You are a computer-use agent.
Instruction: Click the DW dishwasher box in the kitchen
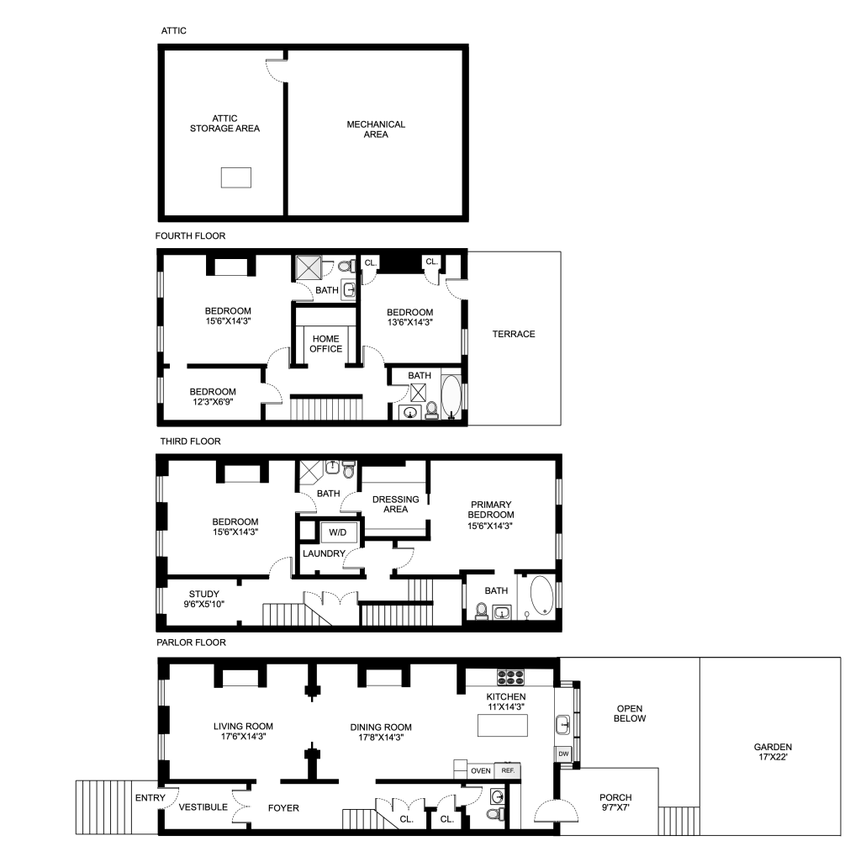click(x=563, y=754)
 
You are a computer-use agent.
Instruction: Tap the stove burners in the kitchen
click(x=510, y=677)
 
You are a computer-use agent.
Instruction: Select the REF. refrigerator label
click(x=508, y=770)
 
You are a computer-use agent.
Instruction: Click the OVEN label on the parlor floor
click(x=481, y=770)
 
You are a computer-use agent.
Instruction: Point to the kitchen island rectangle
click(x=503, y=725)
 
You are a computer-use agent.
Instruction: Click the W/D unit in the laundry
click(x=338, y=532)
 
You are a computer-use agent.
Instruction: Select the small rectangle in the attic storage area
click(x=235, y=177)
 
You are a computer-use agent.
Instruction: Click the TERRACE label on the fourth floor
click(x=514, y=334)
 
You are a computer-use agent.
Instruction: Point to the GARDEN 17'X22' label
click(x=773, y=752)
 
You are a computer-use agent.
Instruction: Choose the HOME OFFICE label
click(x=326, y=344)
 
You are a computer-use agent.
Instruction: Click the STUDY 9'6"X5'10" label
click(x=203, y=599)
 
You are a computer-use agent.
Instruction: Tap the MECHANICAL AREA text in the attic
click(x=376, y=129)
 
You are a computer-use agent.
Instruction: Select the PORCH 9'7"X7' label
click(x=615, y=802)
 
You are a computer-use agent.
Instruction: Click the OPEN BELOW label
click(x=630, y=713)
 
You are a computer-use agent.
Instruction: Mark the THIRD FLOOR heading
click(x=190, y=442)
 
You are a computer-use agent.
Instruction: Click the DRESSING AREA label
click(x=395, y=505)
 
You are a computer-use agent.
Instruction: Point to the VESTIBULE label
click(x=203, y=807)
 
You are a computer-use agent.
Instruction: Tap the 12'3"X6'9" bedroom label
click(x=213, y=402)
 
